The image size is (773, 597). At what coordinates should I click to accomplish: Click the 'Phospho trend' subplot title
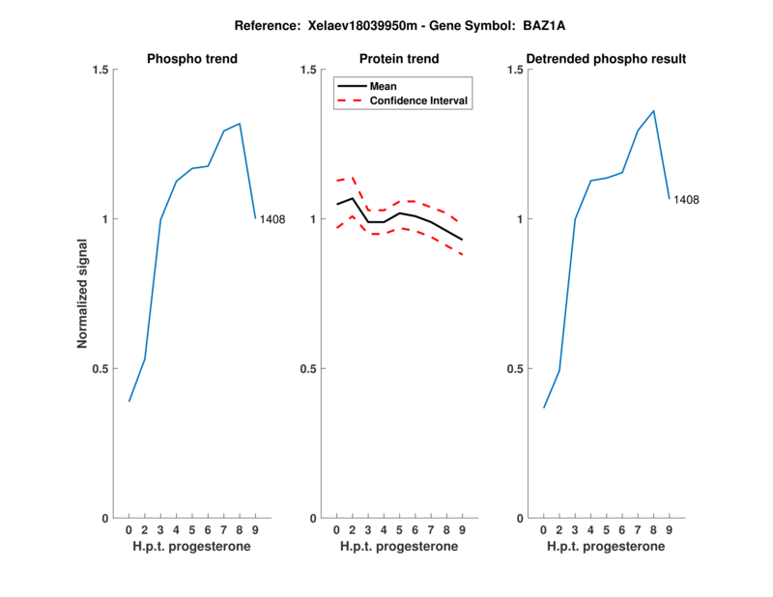(x=192, y=59)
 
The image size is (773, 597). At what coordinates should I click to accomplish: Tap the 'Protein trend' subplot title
(x=399, y=59)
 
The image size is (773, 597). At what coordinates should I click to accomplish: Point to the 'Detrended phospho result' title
(x=607, y=59)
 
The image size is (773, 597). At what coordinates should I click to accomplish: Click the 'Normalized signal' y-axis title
(x=83, y=294)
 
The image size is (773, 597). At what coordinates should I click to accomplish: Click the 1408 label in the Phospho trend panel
(x=272, y=219)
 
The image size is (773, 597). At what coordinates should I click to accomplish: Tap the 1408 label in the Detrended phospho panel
(x=686, y=200)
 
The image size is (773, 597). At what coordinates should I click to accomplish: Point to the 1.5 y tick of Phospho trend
(x=98, y=70)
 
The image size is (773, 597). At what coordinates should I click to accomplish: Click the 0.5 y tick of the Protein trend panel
(x=305, y=369)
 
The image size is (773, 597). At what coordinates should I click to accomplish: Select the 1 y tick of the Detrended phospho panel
(x=517, y=219)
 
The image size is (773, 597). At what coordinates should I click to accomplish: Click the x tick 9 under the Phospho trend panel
(x=255, y=530)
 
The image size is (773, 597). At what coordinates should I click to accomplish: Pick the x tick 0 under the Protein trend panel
(x=336, y=530)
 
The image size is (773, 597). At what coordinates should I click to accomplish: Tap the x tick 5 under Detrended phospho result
(x=606, y=530)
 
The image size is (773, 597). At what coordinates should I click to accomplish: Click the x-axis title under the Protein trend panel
(x=399, y=547)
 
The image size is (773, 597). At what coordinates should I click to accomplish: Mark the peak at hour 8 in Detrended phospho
(x=653, y=110)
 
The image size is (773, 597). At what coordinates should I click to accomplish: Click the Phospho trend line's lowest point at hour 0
(x=129, y=401)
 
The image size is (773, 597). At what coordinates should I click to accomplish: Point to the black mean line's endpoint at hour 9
(x=463, y=240)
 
